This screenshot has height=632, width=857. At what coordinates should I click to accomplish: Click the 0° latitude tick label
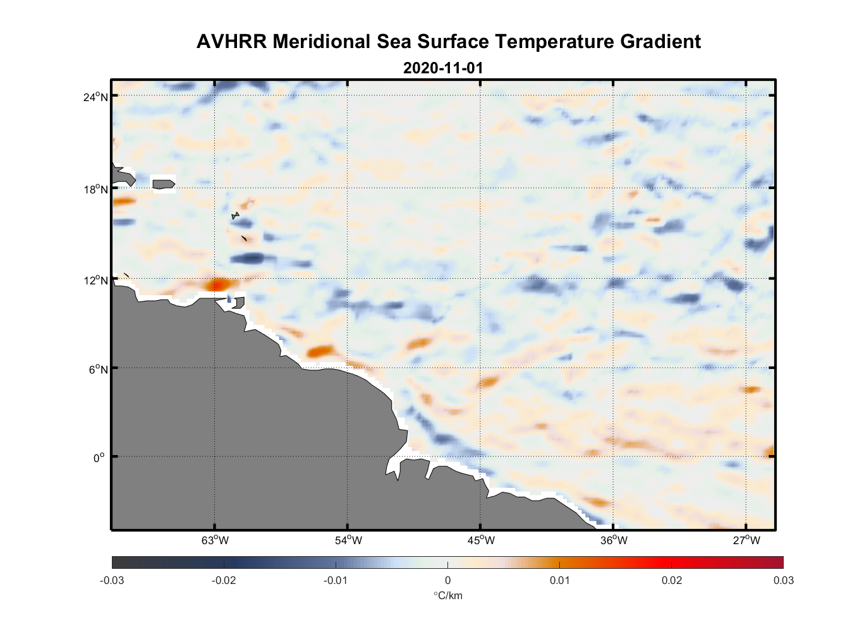(x=99, y=458)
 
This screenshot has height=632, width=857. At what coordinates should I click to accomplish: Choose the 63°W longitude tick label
(x=215, y=540)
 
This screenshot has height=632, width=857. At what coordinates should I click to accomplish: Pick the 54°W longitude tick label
(x=348, y=540)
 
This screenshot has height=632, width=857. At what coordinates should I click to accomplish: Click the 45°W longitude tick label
(x=481, y=540)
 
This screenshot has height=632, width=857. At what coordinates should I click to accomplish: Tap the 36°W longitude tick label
(x=614, y=540)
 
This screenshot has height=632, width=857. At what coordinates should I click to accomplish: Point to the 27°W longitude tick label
(x=746, y=540)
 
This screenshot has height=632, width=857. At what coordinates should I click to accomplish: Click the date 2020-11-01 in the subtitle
(x=442, y=68)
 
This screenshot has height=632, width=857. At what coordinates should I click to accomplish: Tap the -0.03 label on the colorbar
(x=112, y=580)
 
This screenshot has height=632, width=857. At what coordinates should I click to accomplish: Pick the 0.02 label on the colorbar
(x=671, y=580)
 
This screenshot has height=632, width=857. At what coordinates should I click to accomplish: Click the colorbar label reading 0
(x=447, y=580)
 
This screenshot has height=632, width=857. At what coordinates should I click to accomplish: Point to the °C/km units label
(x=447, y=595)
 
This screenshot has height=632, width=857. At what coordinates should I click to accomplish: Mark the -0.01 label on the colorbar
(x=335, y=580)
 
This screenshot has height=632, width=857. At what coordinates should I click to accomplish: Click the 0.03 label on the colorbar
(x=783, y=580)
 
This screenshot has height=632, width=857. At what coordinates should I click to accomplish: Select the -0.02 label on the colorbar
(x=223, y=580)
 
